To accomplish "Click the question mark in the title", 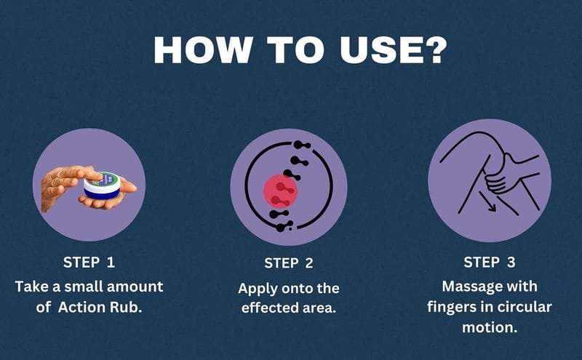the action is (x=432, y=49).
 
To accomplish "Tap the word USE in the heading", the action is (x=378, y=50).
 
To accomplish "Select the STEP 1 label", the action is (x=89, y=263).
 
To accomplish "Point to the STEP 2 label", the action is (x=289, y=263).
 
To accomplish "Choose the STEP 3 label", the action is (x=490, y=263).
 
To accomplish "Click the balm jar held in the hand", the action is (x=102, y=184).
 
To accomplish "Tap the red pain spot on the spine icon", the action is (x=280, y=191).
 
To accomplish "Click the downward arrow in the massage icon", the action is (x=487, y=201).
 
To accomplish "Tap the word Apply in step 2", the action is (x=258, y=289).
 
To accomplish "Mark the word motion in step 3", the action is (x=490, y=328).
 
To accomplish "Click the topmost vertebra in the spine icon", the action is (x=301, y=145).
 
